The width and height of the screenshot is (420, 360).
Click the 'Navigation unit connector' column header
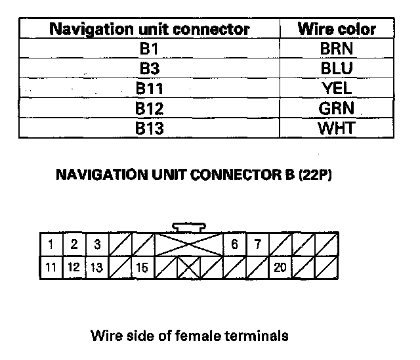tap(150, 30)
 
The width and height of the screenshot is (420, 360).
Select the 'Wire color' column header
tap(337, 30)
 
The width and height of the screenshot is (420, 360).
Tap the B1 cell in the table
tap(150, 49)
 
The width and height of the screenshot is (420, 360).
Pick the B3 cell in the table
tap(150, 68)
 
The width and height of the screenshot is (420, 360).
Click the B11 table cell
tap(150, 88)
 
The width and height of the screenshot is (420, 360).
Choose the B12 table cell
tap(150, 108)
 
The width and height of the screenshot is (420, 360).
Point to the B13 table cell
tap(150, 127)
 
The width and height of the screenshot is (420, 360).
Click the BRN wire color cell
tap(337, 49)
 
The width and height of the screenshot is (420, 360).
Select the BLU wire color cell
tap(337, 68)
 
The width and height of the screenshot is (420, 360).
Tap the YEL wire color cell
tap(337, 88)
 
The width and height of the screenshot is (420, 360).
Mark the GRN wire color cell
tap(337, 108)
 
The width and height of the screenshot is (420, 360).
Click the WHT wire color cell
tap(337, 127)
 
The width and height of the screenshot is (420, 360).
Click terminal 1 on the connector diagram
tap(51, 245)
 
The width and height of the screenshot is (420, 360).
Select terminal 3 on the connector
tap(96, 245)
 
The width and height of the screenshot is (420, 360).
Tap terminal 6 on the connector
tap(234, 245)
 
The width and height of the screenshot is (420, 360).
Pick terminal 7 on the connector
tap(258, 245)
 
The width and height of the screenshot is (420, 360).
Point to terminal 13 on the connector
tap(96, 267)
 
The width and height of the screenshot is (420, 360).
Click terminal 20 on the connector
tap(280, 267)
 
